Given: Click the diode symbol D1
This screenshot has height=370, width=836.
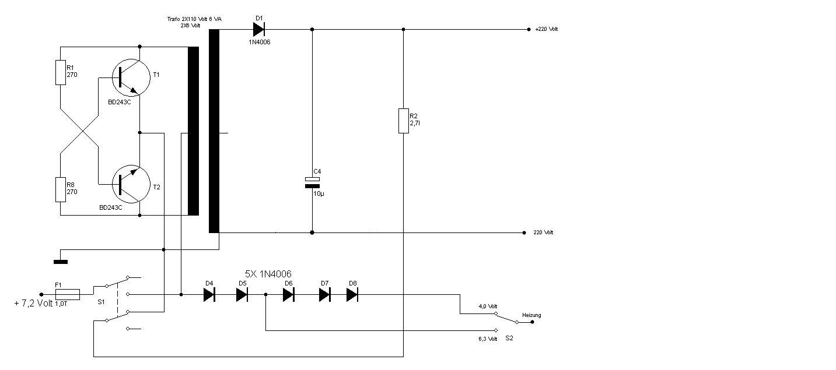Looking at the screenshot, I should pyautogui.click(x=259, y=29).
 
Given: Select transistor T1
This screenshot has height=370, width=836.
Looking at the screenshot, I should pyautogui.click(x=131, y=80).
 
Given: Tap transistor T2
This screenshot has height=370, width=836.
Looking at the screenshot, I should pyautogui.click(x=131, y=182).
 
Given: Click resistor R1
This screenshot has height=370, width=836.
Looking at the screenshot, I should pyautogui.click(x=61, y=72).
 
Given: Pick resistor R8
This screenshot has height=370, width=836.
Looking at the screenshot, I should pyautogui.click(x=61, y=189).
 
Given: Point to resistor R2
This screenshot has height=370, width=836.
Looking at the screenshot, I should pyautogui.click(x=403, y=121).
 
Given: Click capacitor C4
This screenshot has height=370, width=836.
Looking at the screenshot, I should pyautogui.click(x=312, y=182).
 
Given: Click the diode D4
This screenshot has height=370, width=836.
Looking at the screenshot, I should pyautogui.click(x=209, y=295).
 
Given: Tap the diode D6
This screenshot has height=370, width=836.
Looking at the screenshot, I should pyautogui.click(x=288, y=295).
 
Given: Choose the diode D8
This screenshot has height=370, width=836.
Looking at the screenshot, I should pyautogui.click(x=352, y=295).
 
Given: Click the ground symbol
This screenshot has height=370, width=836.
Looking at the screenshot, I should pyautogui.click(x=60, y=262).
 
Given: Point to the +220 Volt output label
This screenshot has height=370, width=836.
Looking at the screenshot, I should pyautogui.click(x=546, y=29).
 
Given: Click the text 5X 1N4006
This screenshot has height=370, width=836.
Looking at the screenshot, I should pyautogui.click(x=268, y=274).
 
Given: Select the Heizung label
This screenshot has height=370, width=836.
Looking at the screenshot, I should pyautogui.click(x=531, y=315).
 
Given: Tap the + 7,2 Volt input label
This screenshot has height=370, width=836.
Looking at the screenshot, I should pyautogui.click(x=33, y=304).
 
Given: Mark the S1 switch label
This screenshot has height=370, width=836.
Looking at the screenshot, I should pyautogui.click(x=101, y=302).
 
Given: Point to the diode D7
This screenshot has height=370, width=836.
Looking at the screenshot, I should pyautogui.click(x=325, y=295).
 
